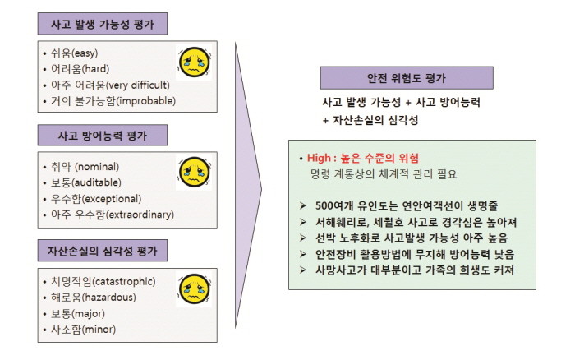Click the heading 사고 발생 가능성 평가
click(103, 24)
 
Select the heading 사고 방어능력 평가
click(103, 136)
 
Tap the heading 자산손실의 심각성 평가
click(103, 251)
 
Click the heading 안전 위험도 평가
click(407, 78)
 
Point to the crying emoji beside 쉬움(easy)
click(195, 62)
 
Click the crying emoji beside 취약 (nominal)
click(195, 172)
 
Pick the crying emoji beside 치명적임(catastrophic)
click(195, 288)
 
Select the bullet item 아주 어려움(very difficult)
click(110, 85)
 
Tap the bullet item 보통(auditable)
click(85, 182)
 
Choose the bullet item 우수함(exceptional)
click(96, 199)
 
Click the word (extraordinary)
click(140, 215)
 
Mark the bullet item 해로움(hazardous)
click(93, 297)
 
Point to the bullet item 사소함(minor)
click(83, 329)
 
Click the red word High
click(319, 158)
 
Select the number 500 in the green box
click(324, 205)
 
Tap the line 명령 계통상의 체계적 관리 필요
click(384, 174)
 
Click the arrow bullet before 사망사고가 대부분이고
click(303, 270)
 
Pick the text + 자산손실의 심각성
click(370, 120)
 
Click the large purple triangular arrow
click(247, 186)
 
